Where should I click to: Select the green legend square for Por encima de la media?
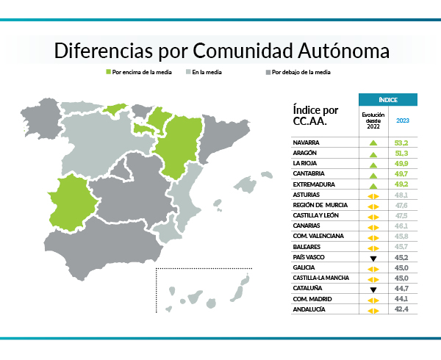(x=109, y=73)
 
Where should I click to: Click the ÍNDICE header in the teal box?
(x=388, y=99)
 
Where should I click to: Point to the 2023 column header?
(x=403, y=120)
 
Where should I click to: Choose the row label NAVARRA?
(x=307, y=142)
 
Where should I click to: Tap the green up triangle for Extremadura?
(x=373, y=185)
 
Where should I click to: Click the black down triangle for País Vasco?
(x=373, y=259)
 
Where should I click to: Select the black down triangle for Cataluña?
(x=373, y=289)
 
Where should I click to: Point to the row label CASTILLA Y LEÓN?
(x=316, y=216)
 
